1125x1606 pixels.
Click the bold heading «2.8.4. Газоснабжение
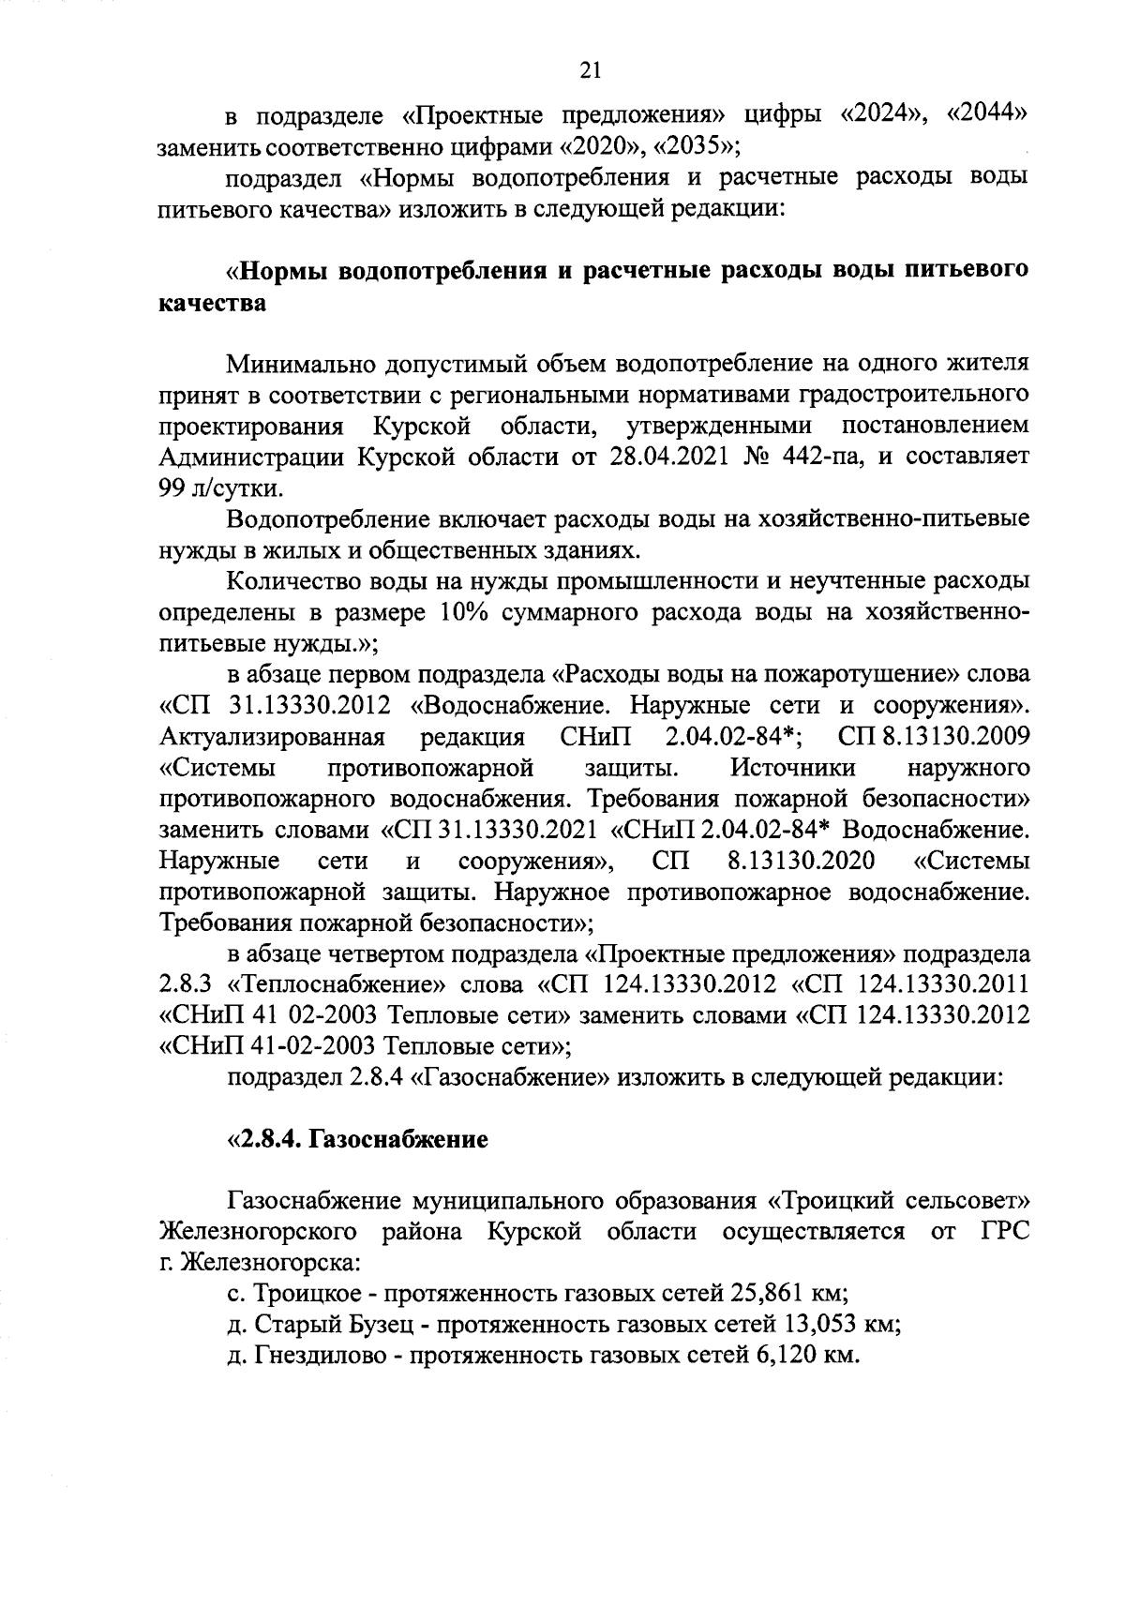(x=358, y=1140)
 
